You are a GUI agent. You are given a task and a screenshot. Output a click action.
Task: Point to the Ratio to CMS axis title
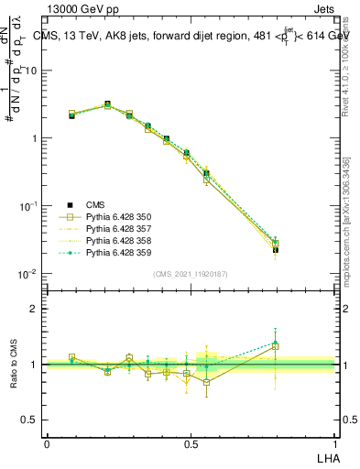16,365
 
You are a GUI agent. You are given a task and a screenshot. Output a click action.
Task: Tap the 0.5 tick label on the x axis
191,442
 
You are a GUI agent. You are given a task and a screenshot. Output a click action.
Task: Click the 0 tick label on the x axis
47,442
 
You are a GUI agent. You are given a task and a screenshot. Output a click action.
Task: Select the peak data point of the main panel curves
107,104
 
